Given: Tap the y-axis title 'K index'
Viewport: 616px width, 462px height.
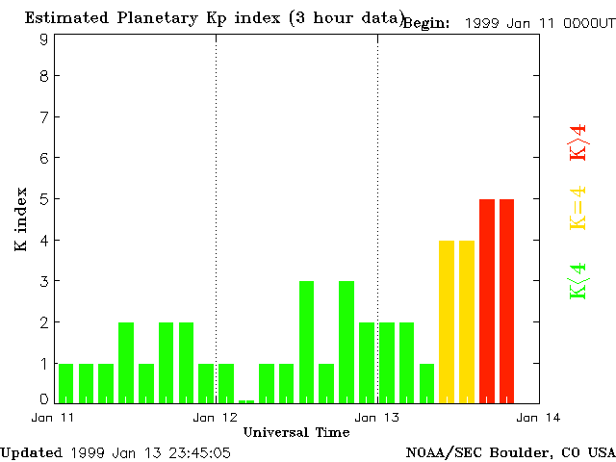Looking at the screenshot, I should (20, 219).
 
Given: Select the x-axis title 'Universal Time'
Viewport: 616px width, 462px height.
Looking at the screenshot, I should (295, 432).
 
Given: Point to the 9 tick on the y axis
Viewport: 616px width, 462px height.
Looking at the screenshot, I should (44, 39).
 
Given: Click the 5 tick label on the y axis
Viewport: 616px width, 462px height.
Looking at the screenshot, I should (44, 199).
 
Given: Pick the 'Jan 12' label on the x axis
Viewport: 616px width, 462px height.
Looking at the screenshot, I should (216, 417).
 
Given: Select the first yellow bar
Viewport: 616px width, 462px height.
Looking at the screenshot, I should (447, 321).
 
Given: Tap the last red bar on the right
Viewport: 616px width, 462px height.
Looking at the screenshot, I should (507, 300).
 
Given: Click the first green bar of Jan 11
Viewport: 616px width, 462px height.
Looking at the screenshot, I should (65, 383).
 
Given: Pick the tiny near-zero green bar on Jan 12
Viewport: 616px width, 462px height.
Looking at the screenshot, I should (246, 401).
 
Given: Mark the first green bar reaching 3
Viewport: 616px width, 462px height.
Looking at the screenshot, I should (306, 342).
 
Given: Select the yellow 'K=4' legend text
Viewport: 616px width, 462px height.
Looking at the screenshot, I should (577, 209).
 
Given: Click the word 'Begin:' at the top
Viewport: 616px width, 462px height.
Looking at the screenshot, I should (426, 23).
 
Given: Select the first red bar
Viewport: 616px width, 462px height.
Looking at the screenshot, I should (487, 300).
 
